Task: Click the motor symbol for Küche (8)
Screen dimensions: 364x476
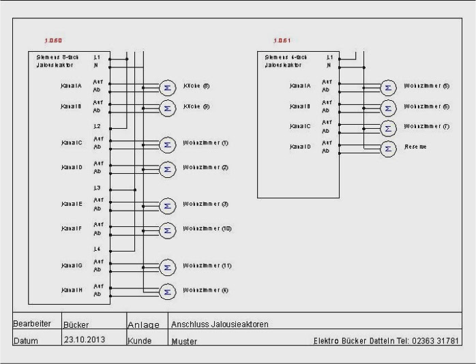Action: click(x=166, y=87)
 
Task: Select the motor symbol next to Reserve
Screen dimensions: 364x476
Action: click(x=388, y=149)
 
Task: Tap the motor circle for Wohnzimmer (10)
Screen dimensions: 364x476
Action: click(x=166, y=230)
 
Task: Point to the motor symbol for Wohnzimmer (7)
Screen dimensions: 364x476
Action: click(x=388, y=128)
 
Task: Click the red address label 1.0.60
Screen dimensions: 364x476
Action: click(x=53, y=41)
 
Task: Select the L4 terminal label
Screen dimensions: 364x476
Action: click(x=97, y=249)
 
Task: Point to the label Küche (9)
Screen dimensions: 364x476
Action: click(x=196, y=107)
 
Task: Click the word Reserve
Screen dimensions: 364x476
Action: click(x=415, y=147)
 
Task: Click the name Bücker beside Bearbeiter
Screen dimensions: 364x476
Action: click(x=76, y=325)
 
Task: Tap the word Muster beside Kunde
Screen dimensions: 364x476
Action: click(x=185, y=340)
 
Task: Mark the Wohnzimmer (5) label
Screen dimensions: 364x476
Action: click(x=426, y=87)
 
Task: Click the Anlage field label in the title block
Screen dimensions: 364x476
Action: click(x=143, y=325)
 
